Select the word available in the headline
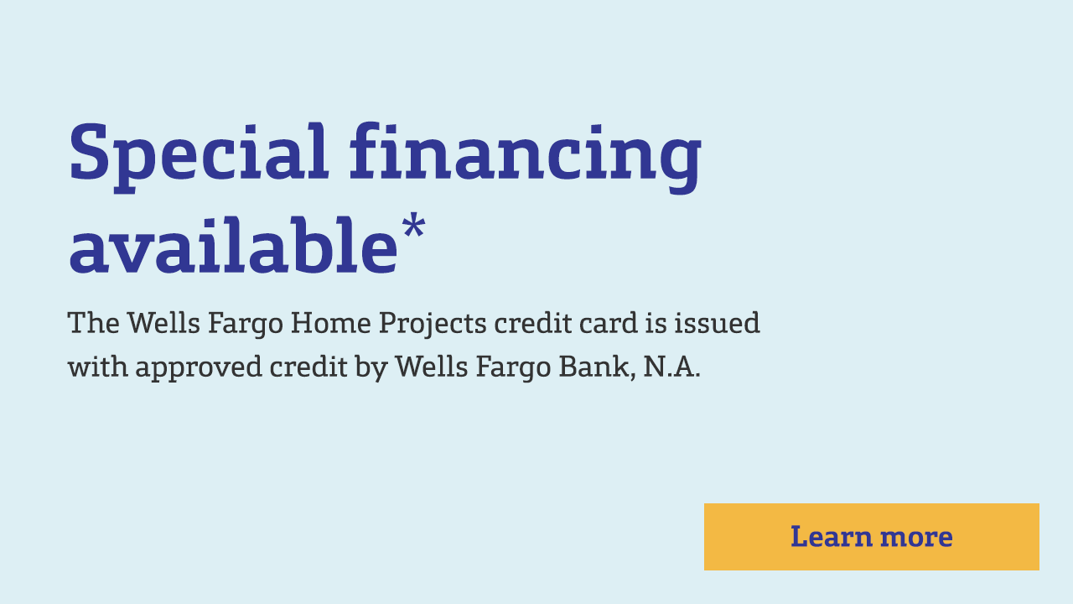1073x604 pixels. [x=233, y=246]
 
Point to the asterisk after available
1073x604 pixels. [x=413, y=226]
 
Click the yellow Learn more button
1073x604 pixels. [x=871, y=536]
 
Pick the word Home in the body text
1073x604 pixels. [x=330, y=323]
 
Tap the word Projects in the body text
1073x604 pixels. [x=433, y=325]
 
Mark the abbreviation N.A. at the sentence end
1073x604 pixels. [x=672, y=367]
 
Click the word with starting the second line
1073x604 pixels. [x=98, y=367]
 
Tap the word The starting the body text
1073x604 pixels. [x=93, y=323]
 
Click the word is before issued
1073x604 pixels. [x=656, y=323]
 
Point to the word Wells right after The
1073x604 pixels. [x=163, y=323]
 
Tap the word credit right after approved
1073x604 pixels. [x=308, y=367]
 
